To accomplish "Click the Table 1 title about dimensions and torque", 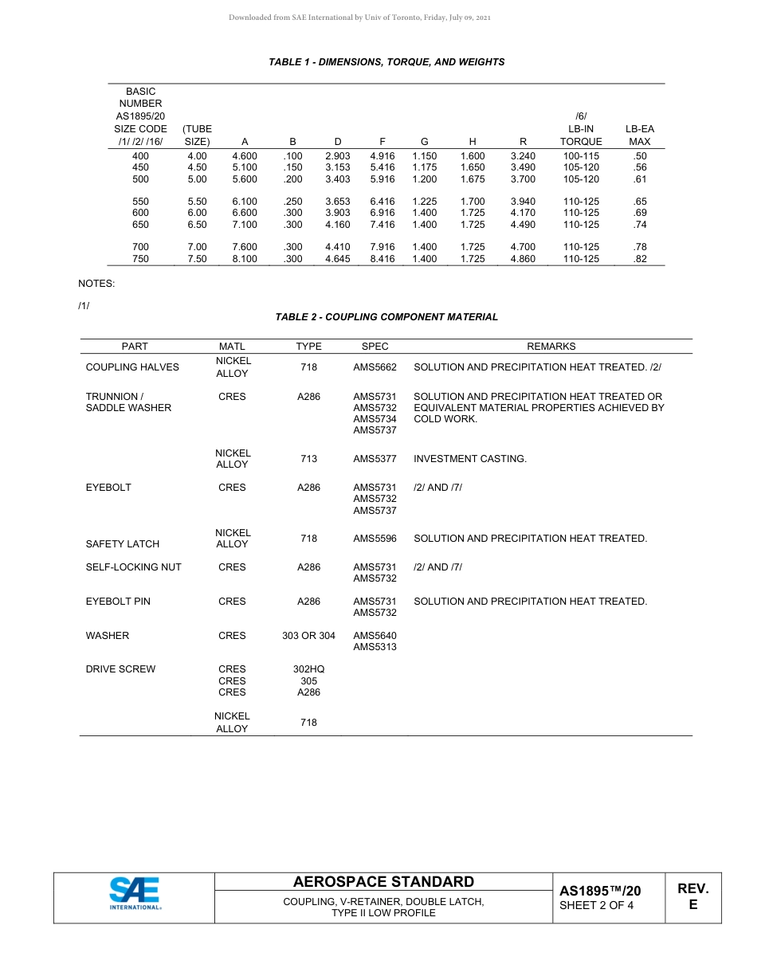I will coord(386,62).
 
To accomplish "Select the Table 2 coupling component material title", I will coord(386,317).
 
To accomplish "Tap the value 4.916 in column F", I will coord(382,156).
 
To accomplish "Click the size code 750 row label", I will coord(140,259).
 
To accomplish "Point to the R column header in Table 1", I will coord(523,142).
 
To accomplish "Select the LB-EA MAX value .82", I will coord(639,259).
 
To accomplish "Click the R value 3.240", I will coord(523,156).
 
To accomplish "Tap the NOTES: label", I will coord(96,284).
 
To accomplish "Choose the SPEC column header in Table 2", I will coord(375,347).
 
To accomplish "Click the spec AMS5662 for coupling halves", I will coord(375,367).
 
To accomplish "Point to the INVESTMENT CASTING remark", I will coord(469,459).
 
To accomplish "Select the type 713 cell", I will coord(308,459).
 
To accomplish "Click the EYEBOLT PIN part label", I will coord(118,602).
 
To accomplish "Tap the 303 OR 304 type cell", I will coord(308,636).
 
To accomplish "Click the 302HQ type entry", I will coord(308,669).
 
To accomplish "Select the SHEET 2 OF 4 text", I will coord(596,905).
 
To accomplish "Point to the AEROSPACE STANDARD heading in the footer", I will coord(383,882).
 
